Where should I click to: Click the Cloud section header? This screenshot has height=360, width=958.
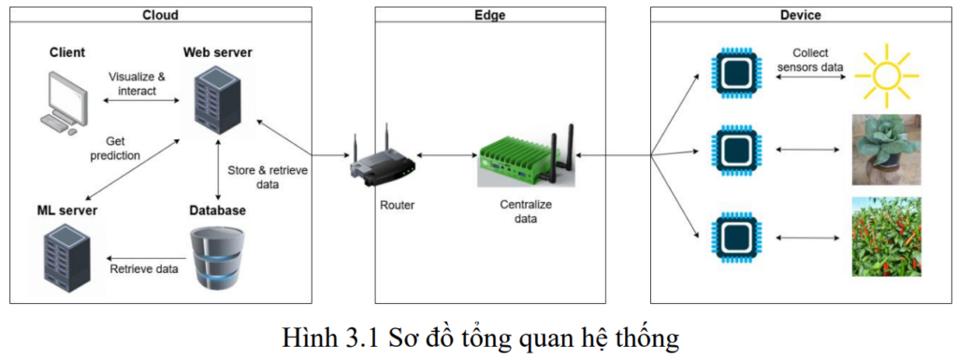point(160,15)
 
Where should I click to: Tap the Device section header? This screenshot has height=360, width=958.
point(801,15)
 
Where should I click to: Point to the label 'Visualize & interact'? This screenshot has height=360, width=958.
point(137,84)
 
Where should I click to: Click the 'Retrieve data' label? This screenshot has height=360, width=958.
point(143,269)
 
